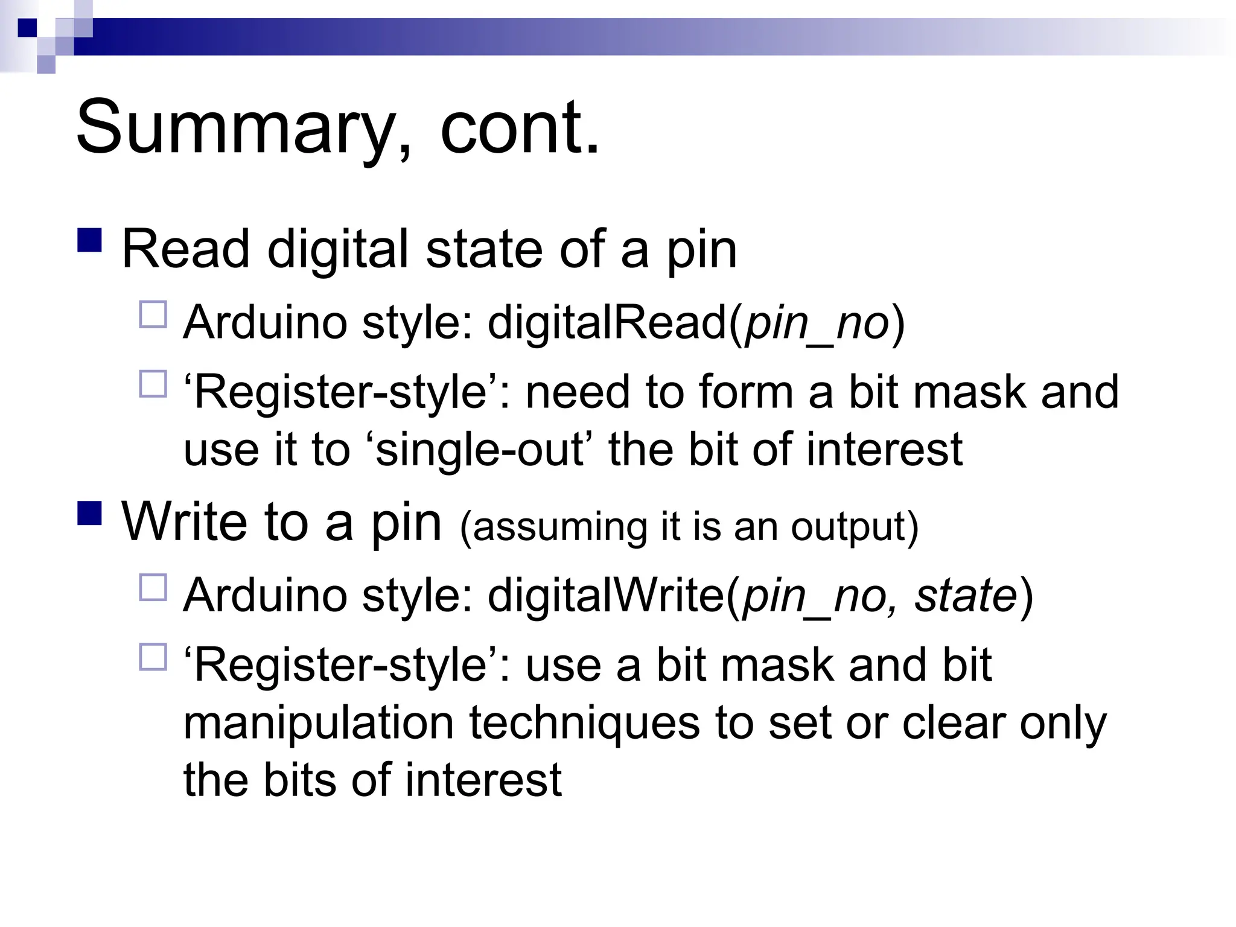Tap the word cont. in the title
[520, 129]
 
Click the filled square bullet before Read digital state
[90, 240]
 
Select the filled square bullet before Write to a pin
[90, 512]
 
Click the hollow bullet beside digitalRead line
[153, 314]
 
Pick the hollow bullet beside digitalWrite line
[153, 587]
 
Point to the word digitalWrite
[606, 595]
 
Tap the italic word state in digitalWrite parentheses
[966, 595]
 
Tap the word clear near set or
[953, 722]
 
